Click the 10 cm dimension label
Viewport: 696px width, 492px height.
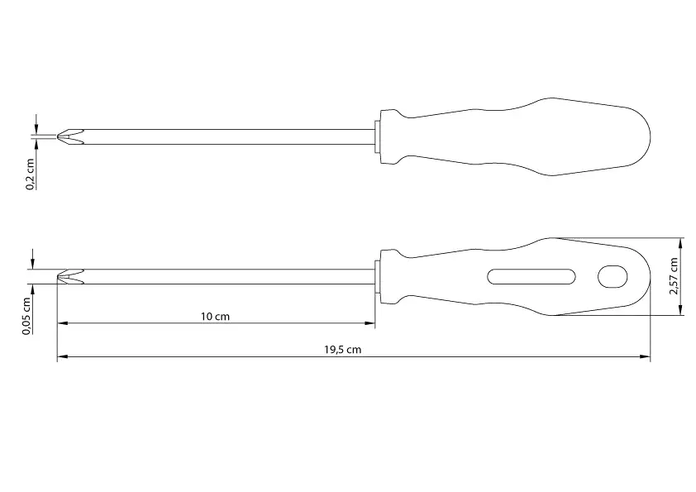[x=215, y=316]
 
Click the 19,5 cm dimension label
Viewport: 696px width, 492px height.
[x=342, y=350]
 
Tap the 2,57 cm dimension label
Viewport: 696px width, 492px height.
[x=674, y=275]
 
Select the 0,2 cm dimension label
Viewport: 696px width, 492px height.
[x=30, y=174]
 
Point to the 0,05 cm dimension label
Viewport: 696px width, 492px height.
[x=28, y=318]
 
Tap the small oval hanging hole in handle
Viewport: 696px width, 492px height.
[x=613, y=276]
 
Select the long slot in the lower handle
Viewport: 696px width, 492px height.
[x=532, y=277]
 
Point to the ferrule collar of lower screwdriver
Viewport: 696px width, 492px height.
[x=379, y=277]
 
